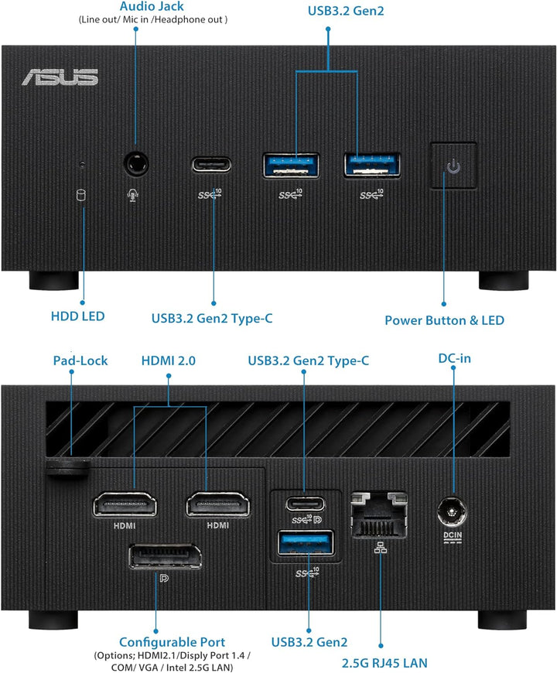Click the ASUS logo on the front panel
60,77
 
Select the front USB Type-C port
211,165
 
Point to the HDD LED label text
77,316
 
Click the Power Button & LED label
444,319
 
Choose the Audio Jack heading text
140,5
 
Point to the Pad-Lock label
80,360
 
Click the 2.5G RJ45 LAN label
384,662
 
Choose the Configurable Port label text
172,642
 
